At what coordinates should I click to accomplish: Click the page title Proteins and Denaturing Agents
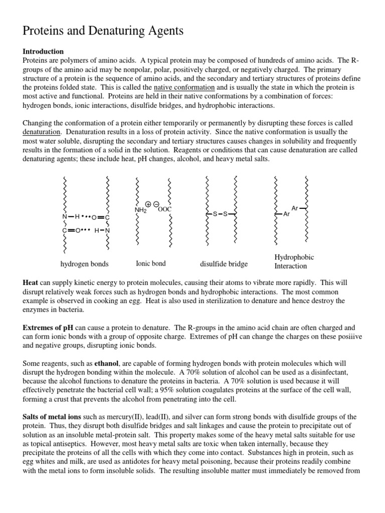pyautogui.click(x=103, y=31)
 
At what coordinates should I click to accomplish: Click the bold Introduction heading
pyautogui.click(x=43, y=52)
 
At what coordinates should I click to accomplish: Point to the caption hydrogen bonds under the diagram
pyautogui.click(x=84, y=264)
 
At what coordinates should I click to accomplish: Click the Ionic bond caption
pyautogui.click(x=151, y=263)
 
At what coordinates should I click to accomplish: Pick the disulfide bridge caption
pyautogui.click(x=224, y=264)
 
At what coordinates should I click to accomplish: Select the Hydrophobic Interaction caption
pyautogui.click(x=294, y=262)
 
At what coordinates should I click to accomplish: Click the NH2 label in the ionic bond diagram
pyautogui.click(x=140, y=210)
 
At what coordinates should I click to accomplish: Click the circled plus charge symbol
pyautogui.click(x=148, y=204)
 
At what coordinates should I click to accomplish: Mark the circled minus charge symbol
pyautogui.click(x=156, y=204)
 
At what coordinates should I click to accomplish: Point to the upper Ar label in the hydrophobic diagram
pyautogui.click(x=295, y=207)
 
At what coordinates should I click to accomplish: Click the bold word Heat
pyautogui.click(x=30, y=283)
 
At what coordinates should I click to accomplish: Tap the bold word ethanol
pyautogui.click(x=107, y=363)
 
